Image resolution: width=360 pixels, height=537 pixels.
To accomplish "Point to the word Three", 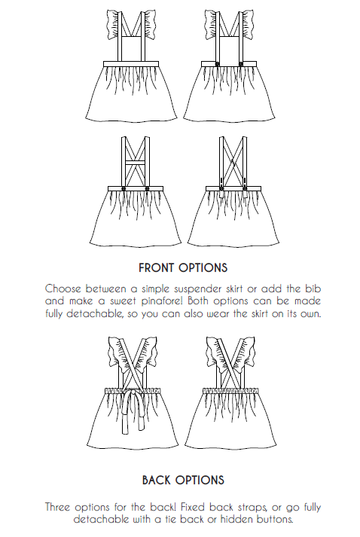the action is pyautogui.click(x=58, y=507).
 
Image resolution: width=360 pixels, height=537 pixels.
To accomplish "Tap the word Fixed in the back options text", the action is pyautogui.click(x=193, y=507).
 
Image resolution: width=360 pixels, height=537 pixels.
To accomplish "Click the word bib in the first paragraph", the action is pyautogui.click(x=313, y=288).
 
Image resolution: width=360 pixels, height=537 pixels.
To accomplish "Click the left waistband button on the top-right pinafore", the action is pyautogui.click(x=217, y=64).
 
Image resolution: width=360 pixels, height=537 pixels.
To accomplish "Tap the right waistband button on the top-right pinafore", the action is pyautogui.click(x=241, y=64).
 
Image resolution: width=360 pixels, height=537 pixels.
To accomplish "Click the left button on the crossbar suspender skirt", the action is pyautogui.click(x=124, y=189).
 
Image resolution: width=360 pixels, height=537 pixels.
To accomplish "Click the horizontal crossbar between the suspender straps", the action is pyautogui.click(x=136, y=163).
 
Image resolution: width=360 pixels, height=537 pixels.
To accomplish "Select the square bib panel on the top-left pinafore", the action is pyautogui.click(x=130, y=49).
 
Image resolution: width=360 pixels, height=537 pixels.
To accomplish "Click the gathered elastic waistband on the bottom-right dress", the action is pyautogui.click(x=230, y=390).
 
